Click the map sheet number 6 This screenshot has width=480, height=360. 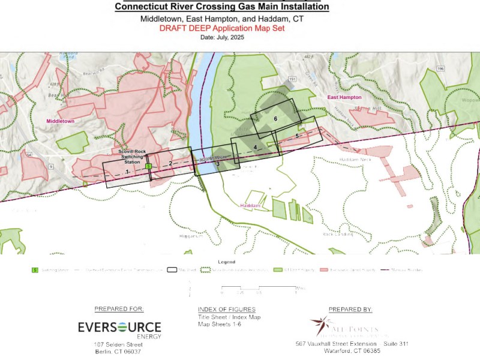(x=275, y=119)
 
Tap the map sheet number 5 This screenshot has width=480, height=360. (x=297, y=136)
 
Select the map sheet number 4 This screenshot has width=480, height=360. (x=255, y=147)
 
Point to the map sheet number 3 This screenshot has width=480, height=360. (x=218, y=163)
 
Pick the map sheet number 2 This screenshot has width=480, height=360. (x=170, y=163)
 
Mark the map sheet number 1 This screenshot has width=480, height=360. (x=127, y=172)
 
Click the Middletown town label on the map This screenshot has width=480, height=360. (x=61, y=121)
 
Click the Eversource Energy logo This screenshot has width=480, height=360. (x=119, y=328)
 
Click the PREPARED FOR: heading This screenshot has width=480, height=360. (x=119, y=310)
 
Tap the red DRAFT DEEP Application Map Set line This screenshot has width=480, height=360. (x=222, y=28)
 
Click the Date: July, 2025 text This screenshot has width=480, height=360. (x=222, y=37)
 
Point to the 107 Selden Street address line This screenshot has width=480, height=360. (x=118, y=344)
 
